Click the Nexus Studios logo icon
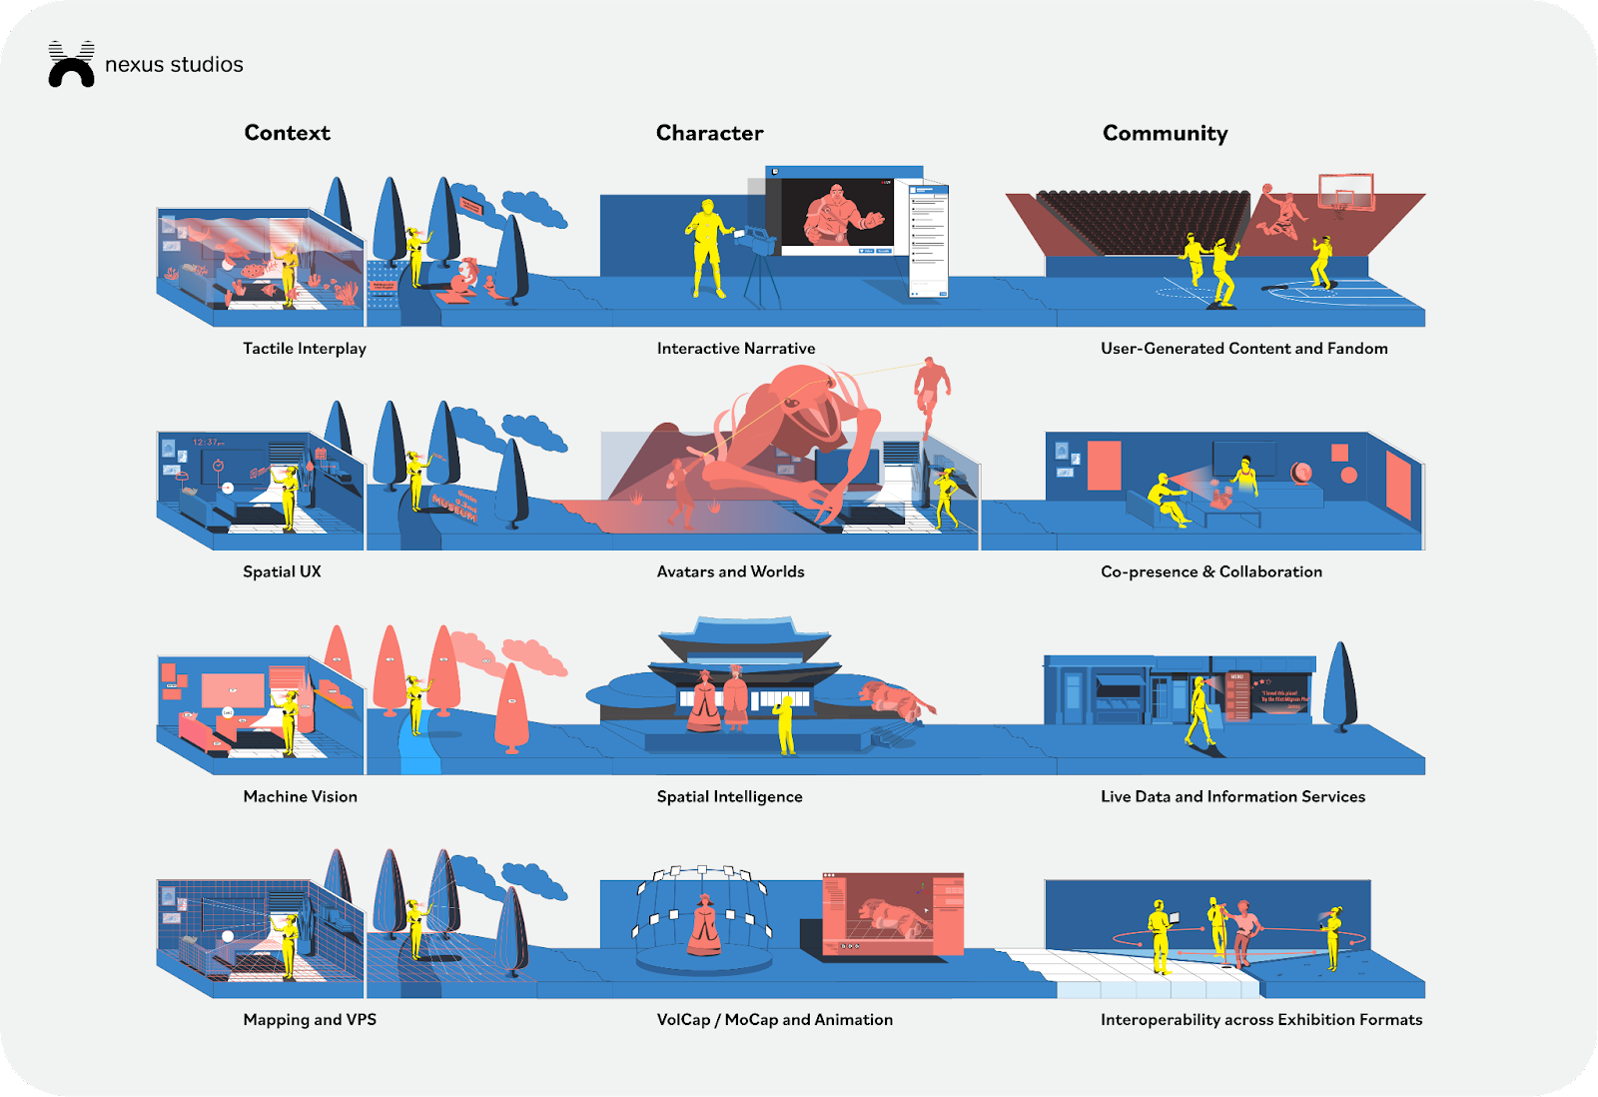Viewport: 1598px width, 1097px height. tap(71, 65)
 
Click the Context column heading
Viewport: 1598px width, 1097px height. tap(287, 133)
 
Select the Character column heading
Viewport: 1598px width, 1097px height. tap(709, 133)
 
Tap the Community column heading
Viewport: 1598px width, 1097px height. tap(1165, 133)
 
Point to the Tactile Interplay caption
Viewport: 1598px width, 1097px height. tap(305, 348)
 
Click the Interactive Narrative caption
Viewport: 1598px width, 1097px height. tap(736, 348)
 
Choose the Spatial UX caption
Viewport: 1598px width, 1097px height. tap(282, 571)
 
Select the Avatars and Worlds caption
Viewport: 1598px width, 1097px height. tap(730, 571)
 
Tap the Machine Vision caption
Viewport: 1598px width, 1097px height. tap(300, 796)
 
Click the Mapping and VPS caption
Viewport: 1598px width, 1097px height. tap(310, 1019)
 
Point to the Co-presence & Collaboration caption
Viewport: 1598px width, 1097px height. tap(1210, 571)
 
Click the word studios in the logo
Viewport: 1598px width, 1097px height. tap(207, 65)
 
